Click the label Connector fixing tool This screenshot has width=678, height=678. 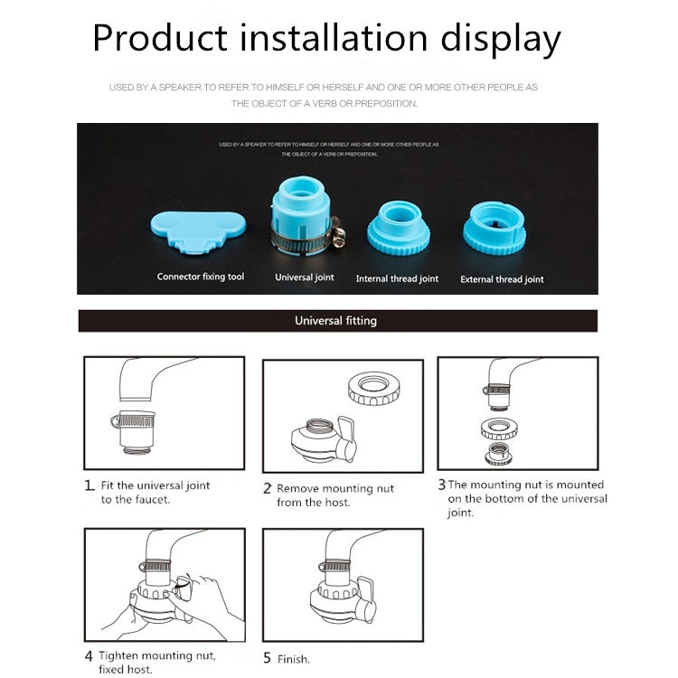point(201,277)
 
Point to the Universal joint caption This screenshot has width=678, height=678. point(305,278)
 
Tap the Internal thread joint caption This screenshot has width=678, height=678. point(397,279)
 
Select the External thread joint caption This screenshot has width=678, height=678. point(502,279)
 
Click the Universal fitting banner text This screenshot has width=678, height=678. point(335,321)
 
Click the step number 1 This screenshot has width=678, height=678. point(89,485)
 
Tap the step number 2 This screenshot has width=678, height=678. point(268,488)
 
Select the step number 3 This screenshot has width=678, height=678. point(442,485)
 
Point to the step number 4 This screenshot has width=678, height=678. point(89,655)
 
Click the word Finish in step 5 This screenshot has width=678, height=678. point(294,659)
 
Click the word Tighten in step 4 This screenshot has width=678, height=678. point(121,655)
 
